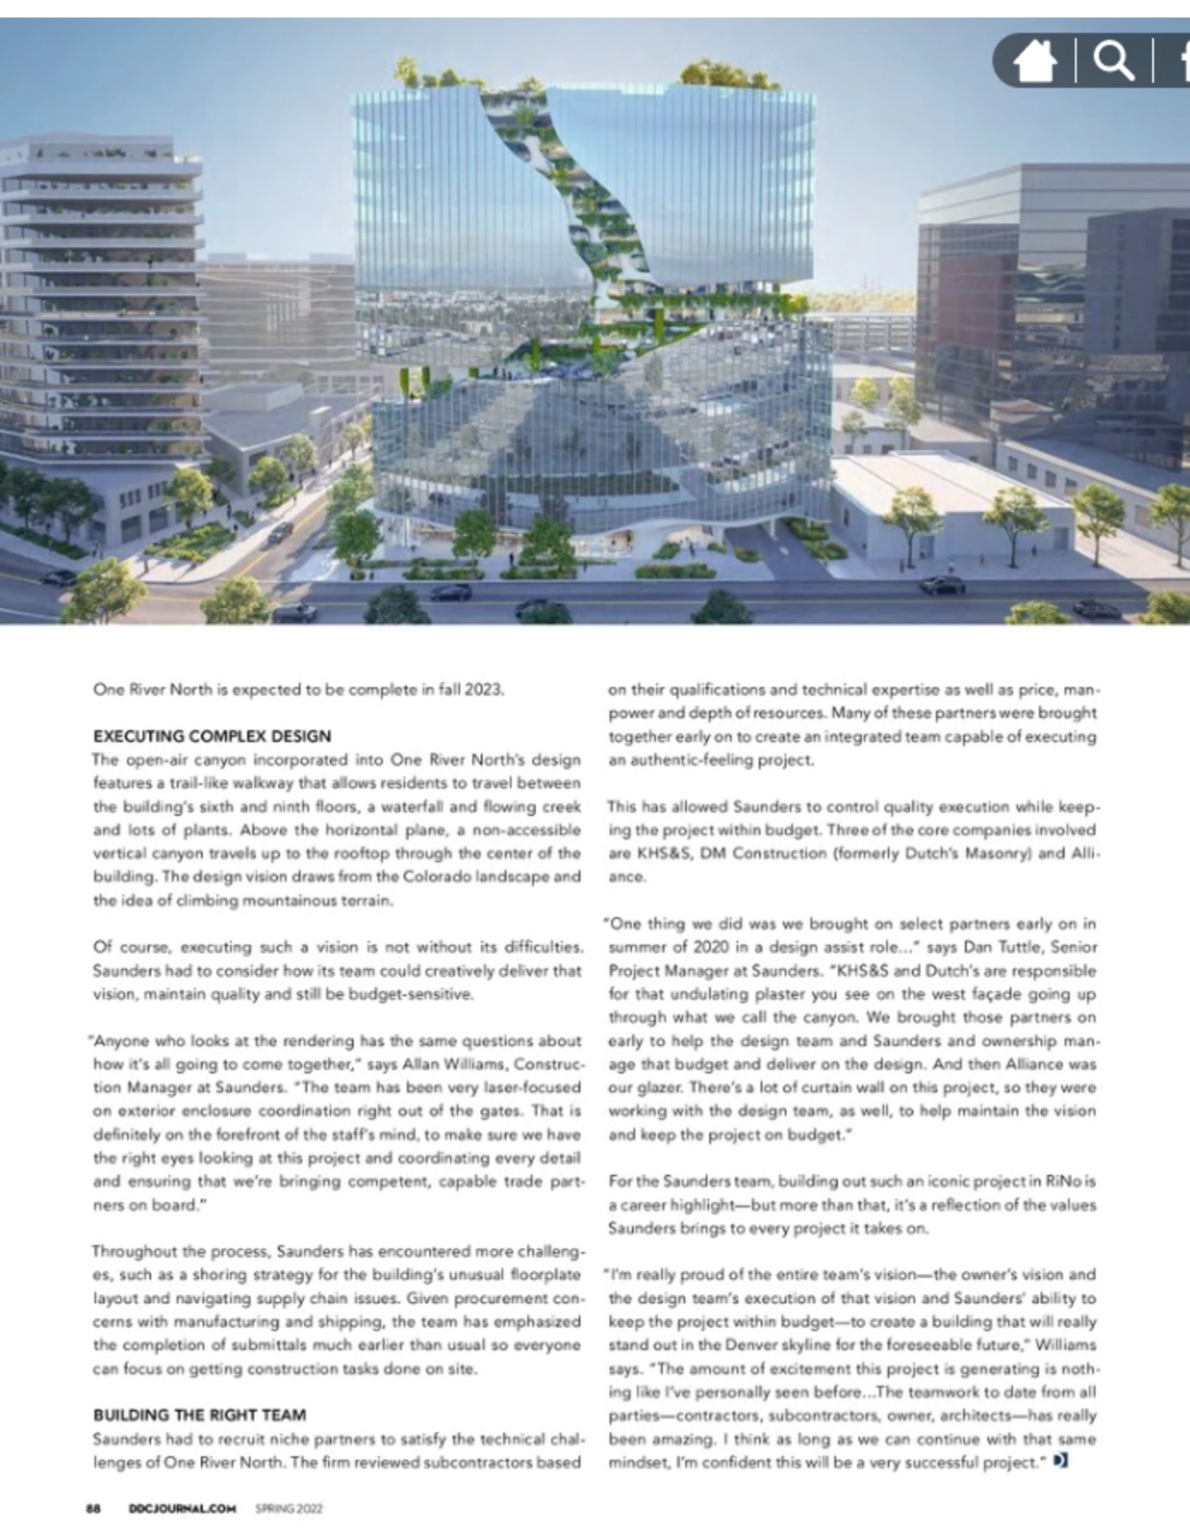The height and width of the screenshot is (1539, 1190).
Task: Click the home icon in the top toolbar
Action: pos(1034,62)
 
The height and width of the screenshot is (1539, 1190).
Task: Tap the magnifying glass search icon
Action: pos(1113,62)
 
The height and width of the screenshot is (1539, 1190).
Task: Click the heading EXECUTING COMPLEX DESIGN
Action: pos(212,737)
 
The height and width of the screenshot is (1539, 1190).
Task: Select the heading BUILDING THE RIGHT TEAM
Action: pos(199,1415)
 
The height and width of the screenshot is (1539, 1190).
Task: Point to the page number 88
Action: pos(93,1508)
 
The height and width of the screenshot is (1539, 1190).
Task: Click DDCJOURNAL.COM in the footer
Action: pos(182,1508)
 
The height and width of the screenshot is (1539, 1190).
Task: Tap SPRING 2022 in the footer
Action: pos(289,1508)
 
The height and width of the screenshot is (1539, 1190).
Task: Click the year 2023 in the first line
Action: pos(484,689)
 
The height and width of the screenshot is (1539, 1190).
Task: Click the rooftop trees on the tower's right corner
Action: pos(722,73)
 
